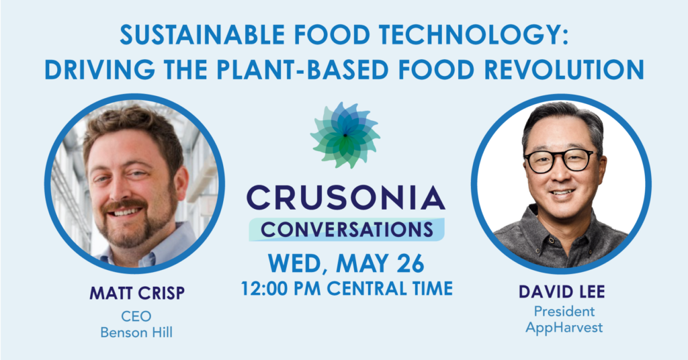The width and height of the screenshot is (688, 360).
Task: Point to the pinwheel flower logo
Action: click(x=345, y=135)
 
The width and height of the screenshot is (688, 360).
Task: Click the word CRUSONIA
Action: click(x=346, y=198)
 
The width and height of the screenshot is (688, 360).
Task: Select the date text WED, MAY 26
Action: click(x=346, y=263)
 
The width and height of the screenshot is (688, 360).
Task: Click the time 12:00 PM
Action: click(x=282, y=289)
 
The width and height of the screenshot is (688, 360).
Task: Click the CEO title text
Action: click(x=136, y=316)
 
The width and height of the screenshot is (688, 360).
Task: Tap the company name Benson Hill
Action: click(x=136, y=332)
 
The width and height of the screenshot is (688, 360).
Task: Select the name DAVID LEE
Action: click(x=562, y=291)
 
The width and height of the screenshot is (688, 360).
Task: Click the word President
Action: click(x=564, y=312)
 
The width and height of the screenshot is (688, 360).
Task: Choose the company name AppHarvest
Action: click(x=564, y=328)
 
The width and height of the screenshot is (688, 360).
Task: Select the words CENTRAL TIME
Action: click(x=390, y=289)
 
